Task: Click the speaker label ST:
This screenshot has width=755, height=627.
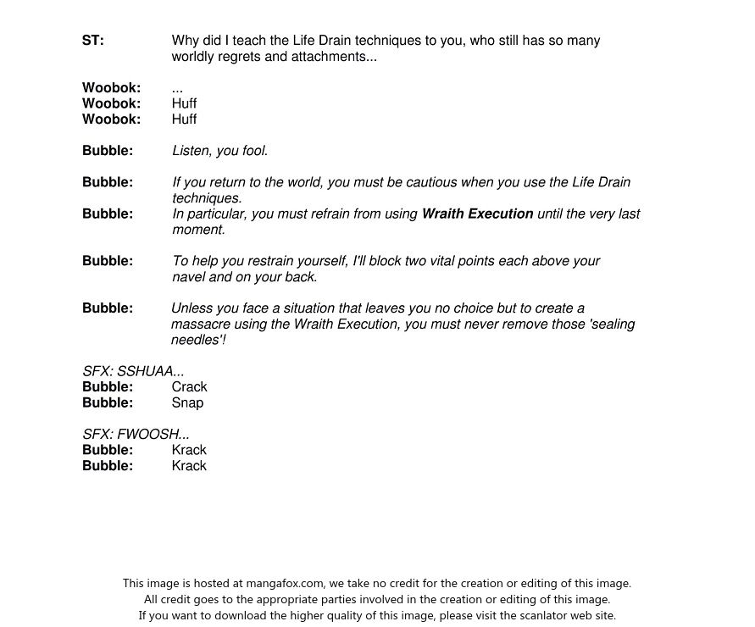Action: click(93, 41)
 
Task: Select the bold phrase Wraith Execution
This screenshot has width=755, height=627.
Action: click(477, 214)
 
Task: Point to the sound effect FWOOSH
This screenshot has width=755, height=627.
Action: click(147, 435)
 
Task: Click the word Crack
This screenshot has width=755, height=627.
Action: click(189, 387)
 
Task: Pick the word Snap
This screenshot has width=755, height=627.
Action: click(187, 403)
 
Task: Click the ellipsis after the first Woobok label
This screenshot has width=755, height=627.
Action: click(177, 89)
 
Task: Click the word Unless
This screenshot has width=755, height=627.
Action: click(192, 308)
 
